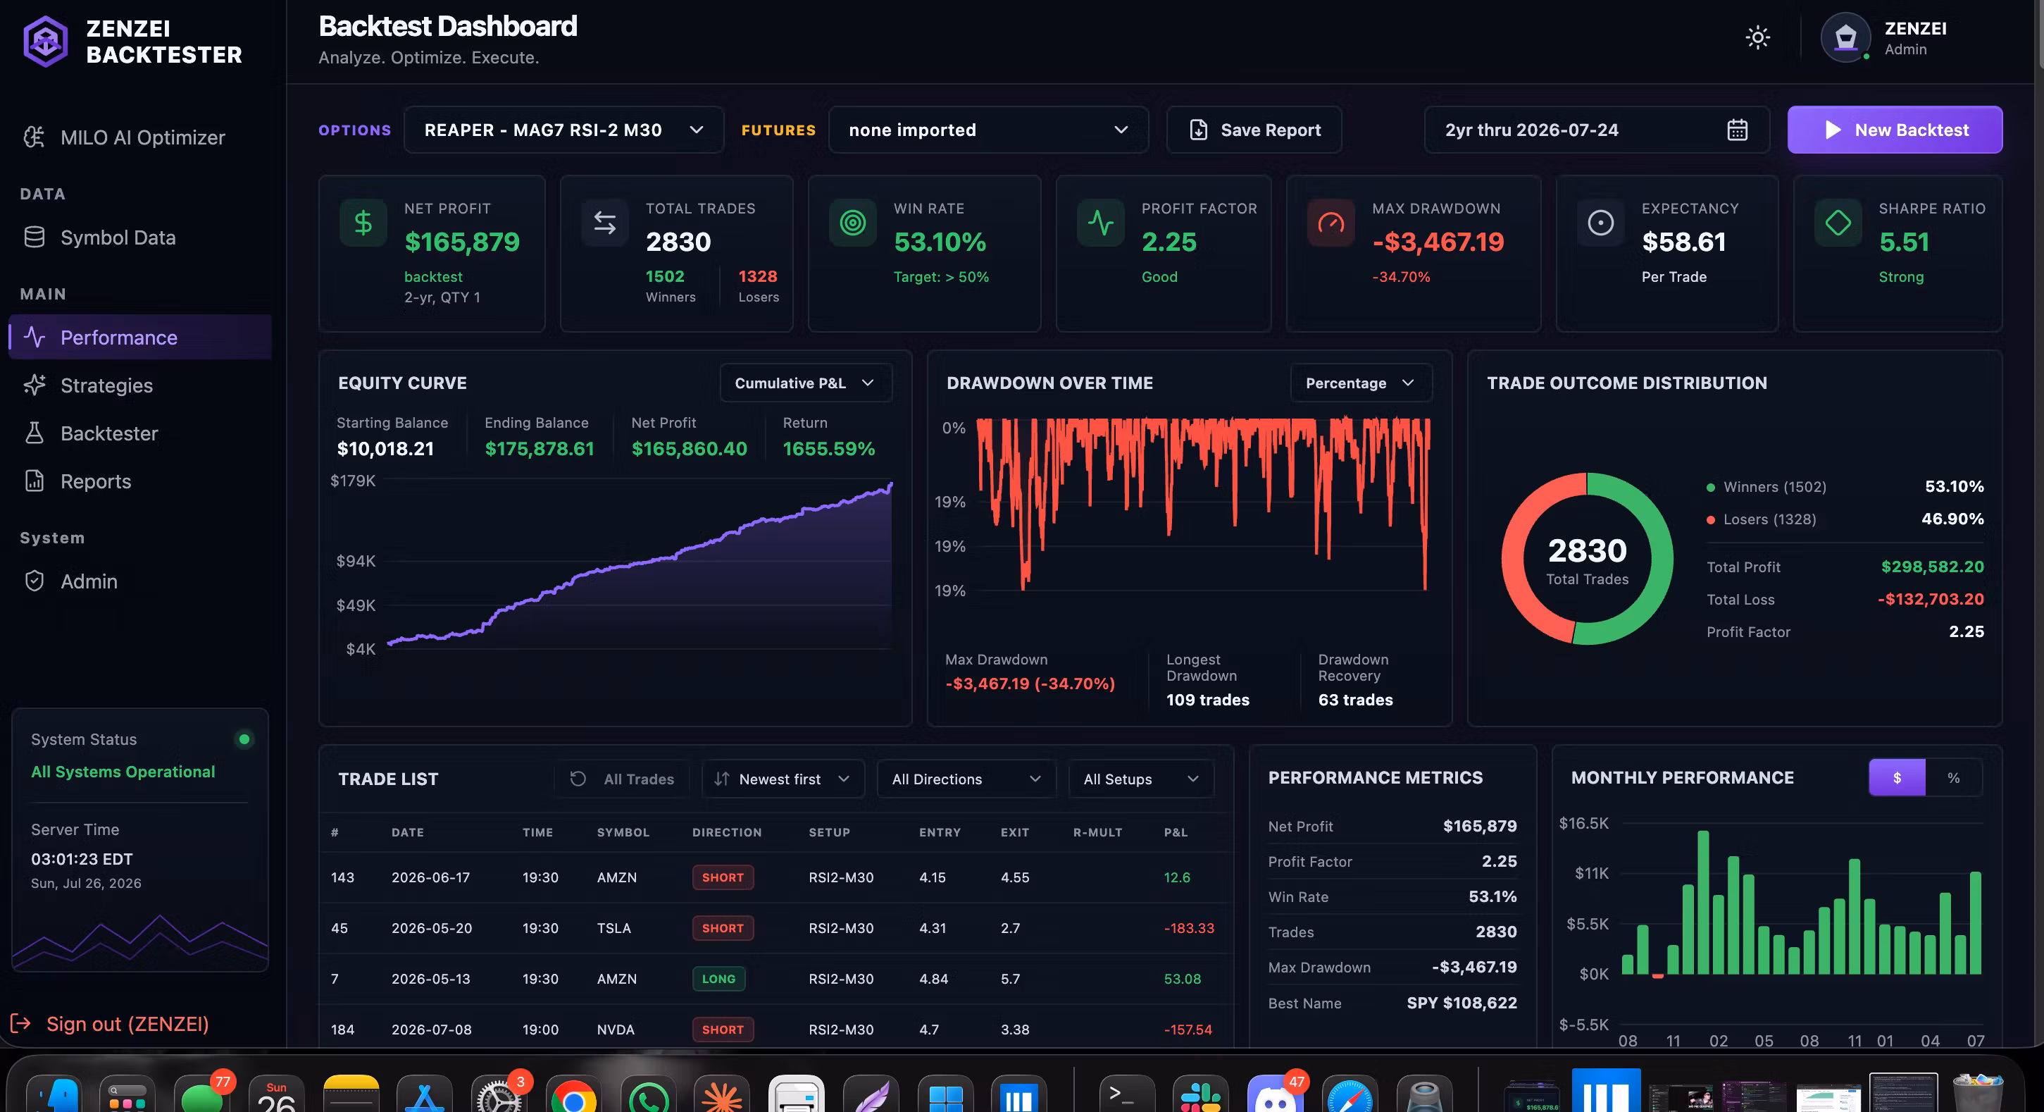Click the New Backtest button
[x=1894, y=130]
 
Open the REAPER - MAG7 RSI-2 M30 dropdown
[x=563, y=130]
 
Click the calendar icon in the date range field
[x=1737, y=130]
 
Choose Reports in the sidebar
[x=95, y=481]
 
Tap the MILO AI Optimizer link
[x=142, y=137]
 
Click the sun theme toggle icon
[x=1757, y=37]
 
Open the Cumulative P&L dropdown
[x=805, y=383]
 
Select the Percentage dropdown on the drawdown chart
[x=1361, y=383]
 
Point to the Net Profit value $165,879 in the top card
[x=462, y=242]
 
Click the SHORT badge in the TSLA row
[x=722, y=928]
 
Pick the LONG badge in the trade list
[x=718, y=979]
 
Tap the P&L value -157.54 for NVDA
[x=1188, y=1030]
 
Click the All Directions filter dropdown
[x=966, y=779]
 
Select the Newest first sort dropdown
[x=783, y=779]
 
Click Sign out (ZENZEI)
[x=127, y=1024]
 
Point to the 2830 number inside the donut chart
[x=1587, y=550]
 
